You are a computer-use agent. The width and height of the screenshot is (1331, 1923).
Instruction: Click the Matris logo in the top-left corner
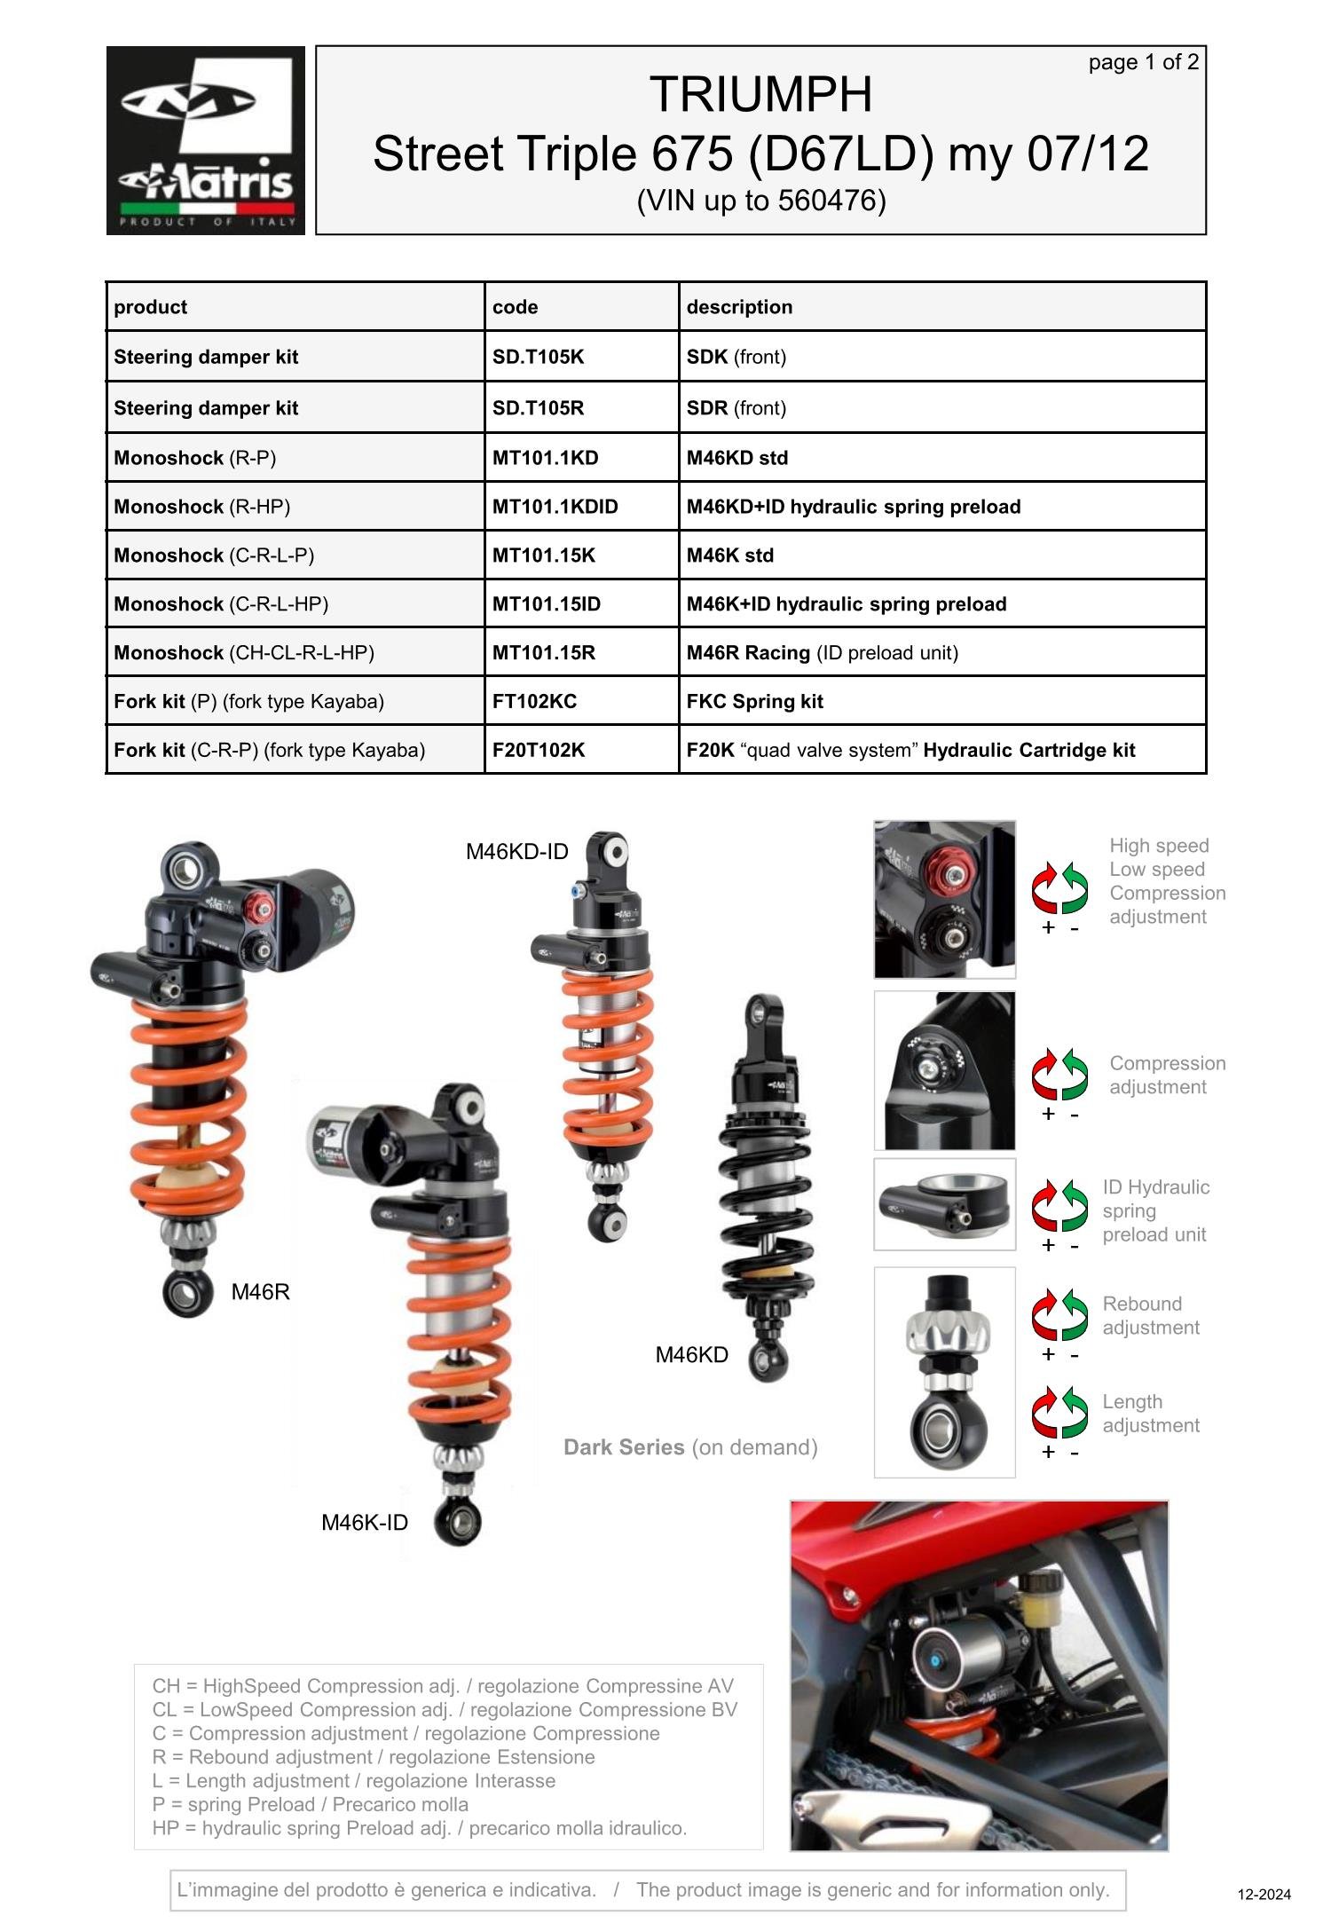click(x=205, y=140)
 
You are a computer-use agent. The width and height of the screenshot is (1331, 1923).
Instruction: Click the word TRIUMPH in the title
click(x=760, y=94)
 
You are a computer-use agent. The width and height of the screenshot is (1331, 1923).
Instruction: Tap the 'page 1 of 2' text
click(x=1143, y=62)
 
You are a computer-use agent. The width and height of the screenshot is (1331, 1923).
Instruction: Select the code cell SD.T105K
click(x=538, y=357)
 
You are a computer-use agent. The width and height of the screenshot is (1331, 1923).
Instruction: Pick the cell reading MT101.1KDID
click(x=555, y=507)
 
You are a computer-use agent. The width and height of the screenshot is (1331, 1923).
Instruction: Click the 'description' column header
click(x=739, y=307)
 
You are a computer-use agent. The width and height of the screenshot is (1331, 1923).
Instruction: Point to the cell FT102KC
click(x=534, y=701)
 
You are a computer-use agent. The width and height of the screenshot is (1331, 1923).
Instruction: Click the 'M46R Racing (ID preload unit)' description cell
click(x=822, y=653)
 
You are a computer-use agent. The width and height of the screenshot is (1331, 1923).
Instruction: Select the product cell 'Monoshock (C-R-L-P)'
click(x=214, y=556)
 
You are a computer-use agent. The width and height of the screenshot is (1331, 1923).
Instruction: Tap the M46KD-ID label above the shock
click(x=516, y=852)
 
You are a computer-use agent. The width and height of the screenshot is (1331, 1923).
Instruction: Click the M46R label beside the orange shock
click(x=260, y=1292)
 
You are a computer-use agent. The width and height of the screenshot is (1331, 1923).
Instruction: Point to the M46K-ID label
click(x=365, y=1523)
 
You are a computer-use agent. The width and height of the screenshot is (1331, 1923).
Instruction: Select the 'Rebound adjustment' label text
click(x=1150, y=1315)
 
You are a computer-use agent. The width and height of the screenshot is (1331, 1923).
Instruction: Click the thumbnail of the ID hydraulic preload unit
click(x=944, y=1204)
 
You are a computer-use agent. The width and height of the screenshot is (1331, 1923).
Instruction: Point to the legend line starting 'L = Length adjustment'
click(x=353, y=1781)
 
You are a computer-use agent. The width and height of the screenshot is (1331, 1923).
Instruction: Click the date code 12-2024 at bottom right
click(x=1264, y=1895)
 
